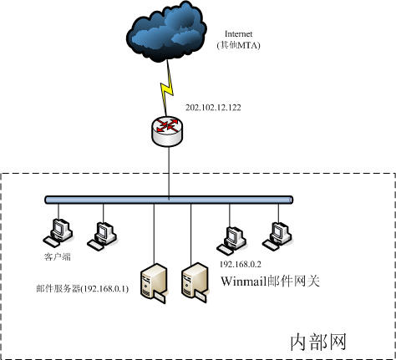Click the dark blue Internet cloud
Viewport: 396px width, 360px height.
tap(166, 32)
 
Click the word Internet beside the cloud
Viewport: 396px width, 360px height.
tap(238, 34)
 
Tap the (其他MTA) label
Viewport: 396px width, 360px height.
tap(238, 45)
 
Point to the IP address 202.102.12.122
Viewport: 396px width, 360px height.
tap(213, 108)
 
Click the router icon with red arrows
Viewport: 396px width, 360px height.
tap(167, 131)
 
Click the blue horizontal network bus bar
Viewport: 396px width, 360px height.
tap(169, 200)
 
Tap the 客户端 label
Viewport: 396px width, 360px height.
tap(58, 256)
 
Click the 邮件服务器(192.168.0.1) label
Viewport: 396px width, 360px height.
tap(83, 289)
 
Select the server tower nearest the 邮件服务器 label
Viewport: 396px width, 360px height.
tap(154, 283)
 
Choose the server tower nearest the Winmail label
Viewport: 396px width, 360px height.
tap(195, 282)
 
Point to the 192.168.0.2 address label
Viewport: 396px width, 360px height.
tap(241, 264)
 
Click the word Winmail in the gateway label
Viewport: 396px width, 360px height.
tap(244, 281)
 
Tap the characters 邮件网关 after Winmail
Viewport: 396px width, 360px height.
tap(293, 281)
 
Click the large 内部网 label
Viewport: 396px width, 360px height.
tap(318, 342)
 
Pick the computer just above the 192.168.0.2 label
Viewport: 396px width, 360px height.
tap(231, 241)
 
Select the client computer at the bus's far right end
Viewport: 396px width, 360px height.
tap(277, 236)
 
